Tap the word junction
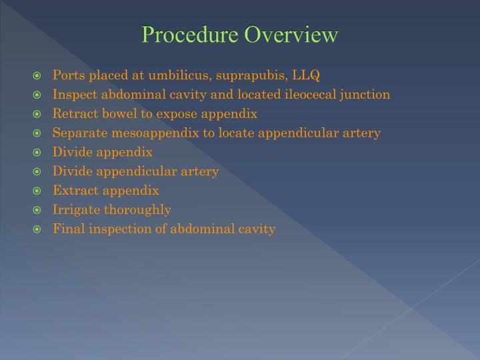click(366, 95)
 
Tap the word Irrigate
click(76, 210)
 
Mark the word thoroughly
click(137, 210)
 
